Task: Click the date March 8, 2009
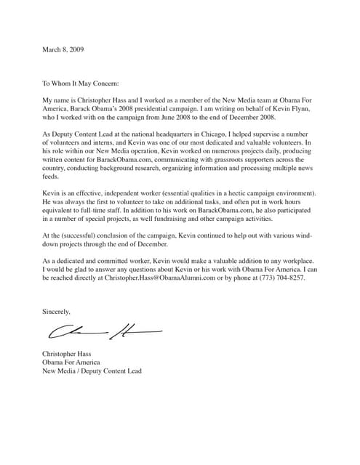coord(65,49)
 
